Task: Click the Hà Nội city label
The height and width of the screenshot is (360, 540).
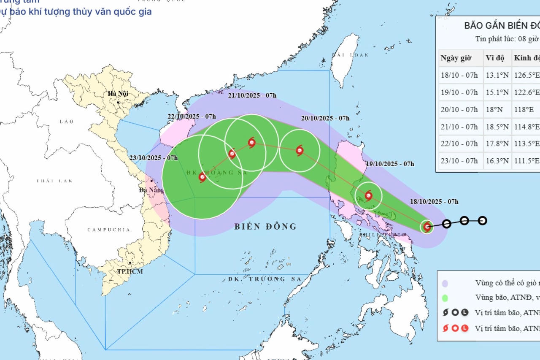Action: [118, 94]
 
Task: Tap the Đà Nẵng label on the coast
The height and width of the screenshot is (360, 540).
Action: [151, 190]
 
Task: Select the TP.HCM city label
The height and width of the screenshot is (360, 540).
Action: [130, 271]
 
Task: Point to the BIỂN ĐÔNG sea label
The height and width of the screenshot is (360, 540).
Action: [265, 227]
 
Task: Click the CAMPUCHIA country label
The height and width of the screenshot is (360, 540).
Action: [108, 230]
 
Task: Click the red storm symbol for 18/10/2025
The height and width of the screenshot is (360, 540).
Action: [427, 227]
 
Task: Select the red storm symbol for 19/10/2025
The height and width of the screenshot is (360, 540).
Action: [368, 195]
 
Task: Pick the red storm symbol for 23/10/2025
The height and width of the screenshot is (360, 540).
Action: [202, 177]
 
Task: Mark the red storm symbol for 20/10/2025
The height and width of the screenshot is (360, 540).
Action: [300, 150]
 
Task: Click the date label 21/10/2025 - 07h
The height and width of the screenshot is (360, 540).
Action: [253, 95]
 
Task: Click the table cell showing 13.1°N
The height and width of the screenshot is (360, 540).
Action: [498, 75]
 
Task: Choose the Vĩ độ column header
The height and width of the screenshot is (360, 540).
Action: [495, 58]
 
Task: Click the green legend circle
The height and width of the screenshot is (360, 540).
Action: [445, 298]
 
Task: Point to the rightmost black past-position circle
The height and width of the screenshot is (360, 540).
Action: [483, 220]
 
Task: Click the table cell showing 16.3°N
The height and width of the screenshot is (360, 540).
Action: [498, 161]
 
